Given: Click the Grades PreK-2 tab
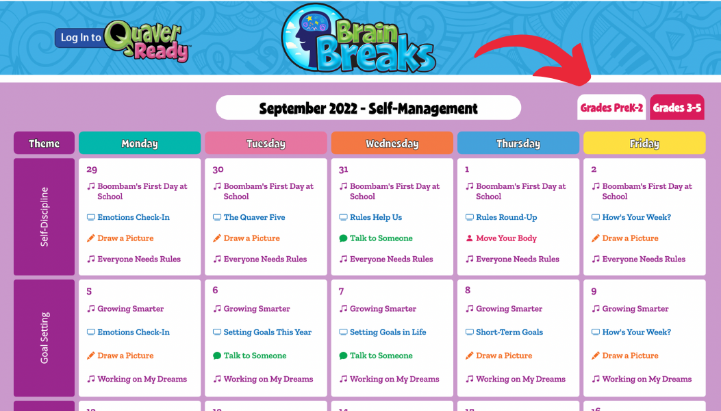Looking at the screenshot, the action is tap(611, 108).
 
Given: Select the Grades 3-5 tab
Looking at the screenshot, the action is tap(677, 108).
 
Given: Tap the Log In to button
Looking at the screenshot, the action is tap(81, 38).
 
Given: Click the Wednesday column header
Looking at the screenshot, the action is tap(392, 143).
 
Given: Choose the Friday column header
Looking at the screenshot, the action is tap(644, 143).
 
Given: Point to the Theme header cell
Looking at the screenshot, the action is tap(44, 143).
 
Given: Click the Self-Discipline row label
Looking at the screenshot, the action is tap(44, 216).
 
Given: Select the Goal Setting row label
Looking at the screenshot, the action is tap(44, 338).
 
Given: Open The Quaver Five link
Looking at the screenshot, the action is tap(254, 217).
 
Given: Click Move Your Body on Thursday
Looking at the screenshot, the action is tap(506, 238).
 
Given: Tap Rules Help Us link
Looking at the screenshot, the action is tap(376, 217).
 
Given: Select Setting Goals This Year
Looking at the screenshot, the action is tap(268, 332).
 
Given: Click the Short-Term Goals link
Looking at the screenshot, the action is tap(509, 332).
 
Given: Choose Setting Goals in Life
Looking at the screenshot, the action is tap(388, 332).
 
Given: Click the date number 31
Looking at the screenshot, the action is tap(344, 170).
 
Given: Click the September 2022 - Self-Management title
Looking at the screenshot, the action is tap(368, 108).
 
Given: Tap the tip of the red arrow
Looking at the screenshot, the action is tap(590, 84).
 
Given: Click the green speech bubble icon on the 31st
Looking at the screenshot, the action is tap(343, 238).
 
